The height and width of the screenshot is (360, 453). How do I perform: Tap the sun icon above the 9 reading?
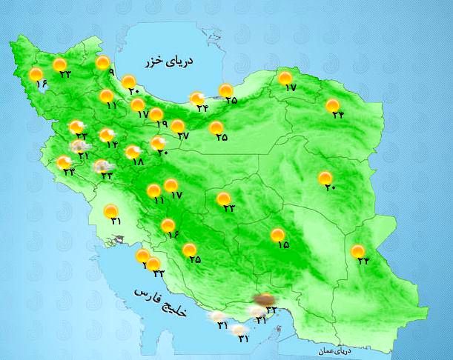pos(103,63)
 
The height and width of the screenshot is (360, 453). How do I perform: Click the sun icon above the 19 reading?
pos(156,114)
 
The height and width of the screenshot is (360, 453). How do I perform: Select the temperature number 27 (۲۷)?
pos(184,136)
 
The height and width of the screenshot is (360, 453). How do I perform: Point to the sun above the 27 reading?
pos(178,126)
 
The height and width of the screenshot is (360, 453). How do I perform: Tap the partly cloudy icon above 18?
pos(132,152)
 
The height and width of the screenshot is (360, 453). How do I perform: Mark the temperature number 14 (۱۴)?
pos(112,144)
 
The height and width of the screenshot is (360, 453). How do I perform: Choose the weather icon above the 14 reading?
pos(107,134)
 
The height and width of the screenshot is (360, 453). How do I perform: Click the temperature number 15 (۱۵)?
pos(283,244)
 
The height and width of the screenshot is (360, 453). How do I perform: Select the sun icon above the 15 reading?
pos(278,234)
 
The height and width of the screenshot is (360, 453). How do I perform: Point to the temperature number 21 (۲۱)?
pos(83,156)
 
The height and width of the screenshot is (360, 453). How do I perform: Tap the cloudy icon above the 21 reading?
pos(76,146)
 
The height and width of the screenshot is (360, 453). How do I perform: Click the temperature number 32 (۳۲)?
pos(271,309)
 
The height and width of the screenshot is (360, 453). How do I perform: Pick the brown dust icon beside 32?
pos(262,300)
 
